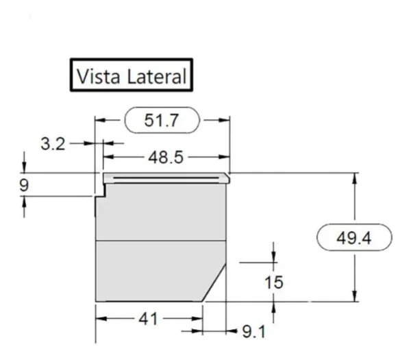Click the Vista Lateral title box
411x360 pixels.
coord(131,75)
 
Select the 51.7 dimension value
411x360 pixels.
coord(162,121)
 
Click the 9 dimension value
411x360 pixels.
coord(24,185)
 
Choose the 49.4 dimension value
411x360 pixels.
coord(354,239)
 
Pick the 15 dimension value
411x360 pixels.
coord(273,282)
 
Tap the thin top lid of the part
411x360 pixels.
coord(164,178)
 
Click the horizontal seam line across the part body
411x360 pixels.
coord(161,241)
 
